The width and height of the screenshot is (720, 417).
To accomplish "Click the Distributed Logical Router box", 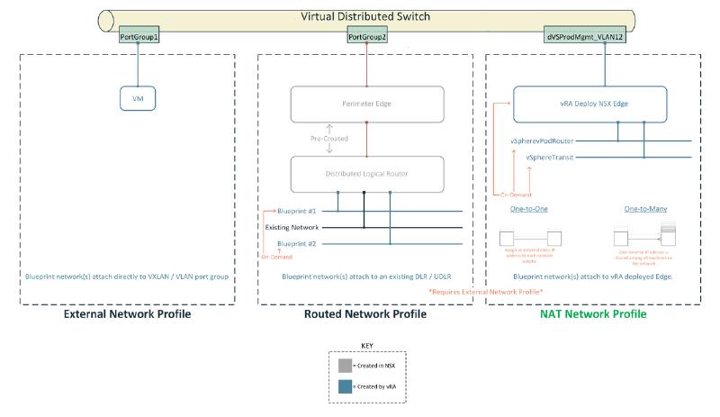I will tap(366, 173).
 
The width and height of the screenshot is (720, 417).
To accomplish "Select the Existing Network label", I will tap(292, 227).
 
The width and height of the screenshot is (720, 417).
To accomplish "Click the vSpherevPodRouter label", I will tap(548, 141).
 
